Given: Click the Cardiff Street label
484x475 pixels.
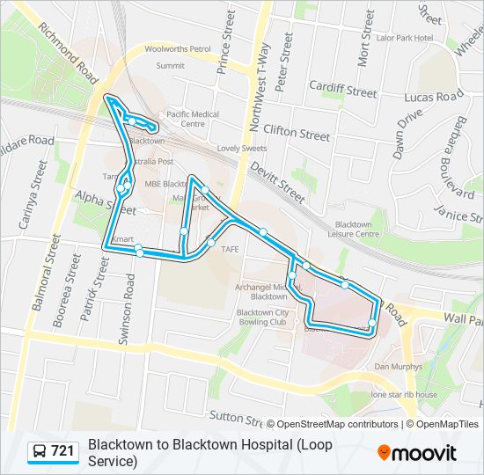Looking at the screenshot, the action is (342, 90).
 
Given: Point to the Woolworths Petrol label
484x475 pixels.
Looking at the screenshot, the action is (178, 49).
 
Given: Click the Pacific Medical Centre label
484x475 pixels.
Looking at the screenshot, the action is (193, 119).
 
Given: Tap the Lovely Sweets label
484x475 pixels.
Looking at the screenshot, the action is (241, 149).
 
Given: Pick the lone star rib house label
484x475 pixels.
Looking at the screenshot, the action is (404, 394).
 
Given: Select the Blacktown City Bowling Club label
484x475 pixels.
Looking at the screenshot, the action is (264, 317).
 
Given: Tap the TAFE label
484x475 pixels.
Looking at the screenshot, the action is (231, 249).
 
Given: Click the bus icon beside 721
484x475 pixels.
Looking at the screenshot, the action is (40, 452).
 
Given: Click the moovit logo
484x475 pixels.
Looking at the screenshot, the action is (417, 453).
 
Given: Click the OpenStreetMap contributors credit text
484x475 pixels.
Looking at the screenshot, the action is (337, 424).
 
